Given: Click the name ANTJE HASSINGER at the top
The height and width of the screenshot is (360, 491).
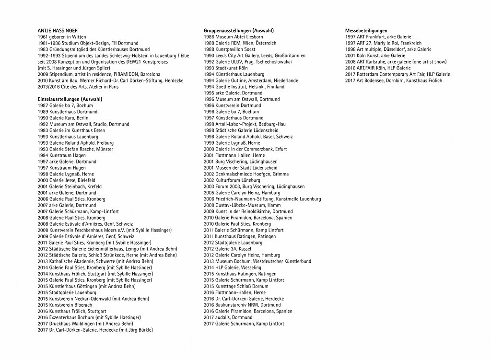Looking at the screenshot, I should point(58,31).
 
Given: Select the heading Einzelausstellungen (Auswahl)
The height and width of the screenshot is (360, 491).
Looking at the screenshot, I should point(70,99).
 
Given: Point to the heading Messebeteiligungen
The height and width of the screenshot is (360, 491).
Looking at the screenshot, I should point(366,31).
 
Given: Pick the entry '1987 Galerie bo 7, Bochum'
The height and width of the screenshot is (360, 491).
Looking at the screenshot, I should point(65,105).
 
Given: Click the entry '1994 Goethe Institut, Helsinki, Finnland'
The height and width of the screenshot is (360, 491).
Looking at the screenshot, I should point(244,87).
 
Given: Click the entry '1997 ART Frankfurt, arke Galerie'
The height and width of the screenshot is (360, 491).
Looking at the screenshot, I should point(378,37).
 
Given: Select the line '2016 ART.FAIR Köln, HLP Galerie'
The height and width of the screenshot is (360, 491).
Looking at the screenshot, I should point(378,68).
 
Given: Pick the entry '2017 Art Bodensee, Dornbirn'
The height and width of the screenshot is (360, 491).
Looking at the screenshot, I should point(393,81).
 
